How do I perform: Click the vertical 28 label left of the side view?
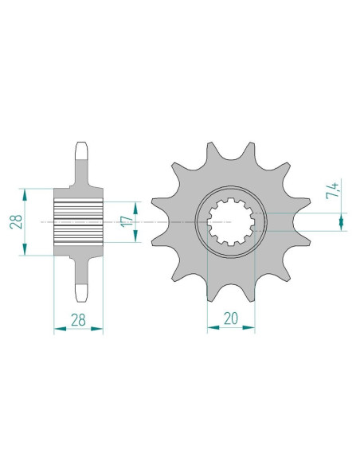coord(16,221)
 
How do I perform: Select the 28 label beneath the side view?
coord(78,320)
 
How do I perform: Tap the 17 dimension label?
coord(127,222)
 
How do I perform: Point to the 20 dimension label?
coord(231,318)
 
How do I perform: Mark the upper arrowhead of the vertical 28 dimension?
coord(25,194)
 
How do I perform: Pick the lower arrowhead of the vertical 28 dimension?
coord(25,249)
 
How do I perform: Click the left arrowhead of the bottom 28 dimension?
coord(61,329)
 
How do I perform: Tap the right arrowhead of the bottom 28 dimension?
coord(96,329)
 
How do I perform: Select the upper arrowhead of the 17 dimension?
coord(135,208)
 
